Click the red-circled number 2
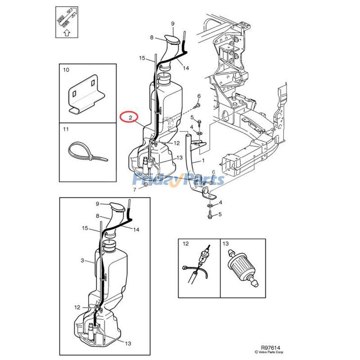click(x=130, y=118)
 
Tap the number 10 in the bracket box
click(x=66, y=70)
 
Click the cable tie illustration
click(x=87, y=153)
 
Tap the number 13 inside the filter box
click(x=226, y=244)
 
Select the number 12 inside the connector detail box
click(x=185, y=244)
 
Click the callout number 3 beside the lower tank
click(x=82, y=261)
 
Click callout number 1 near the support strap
click(x=203, y=161)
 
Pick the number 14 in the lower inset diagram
click(x=136, y=229)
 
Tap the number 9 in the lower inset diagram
click(x=97, y=204)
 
